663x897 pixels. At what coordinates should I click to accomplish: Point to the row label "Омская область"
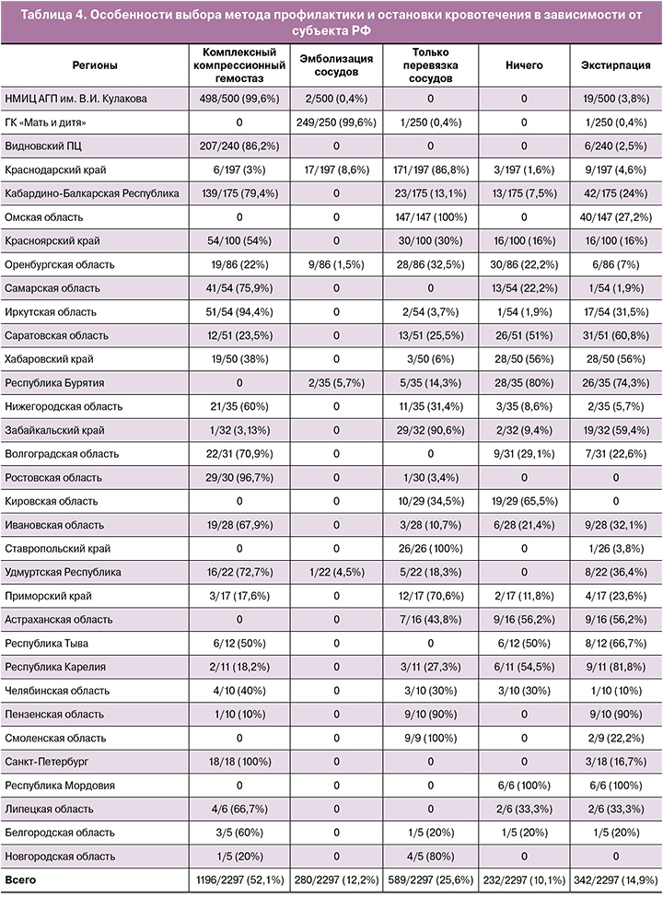(x=44, y=216)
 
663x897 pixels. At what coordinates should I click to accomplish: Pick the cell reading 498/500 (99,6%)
(x=238, y=98)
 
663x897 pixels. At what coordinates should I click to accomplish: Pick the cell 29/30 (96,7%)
(x=238, y=477)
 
